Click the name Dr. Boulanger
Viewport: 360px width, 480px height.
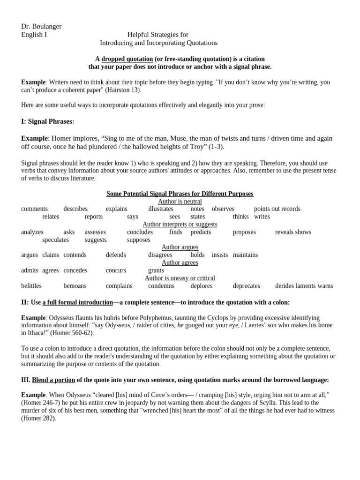pyautogui.click(x=41, y=26)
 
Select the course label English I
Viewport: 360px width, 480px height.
pyautogui.click(x=34, y=35)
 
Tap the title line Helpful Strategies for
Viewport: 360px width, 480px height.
pyautogui.click(x=158, y=35)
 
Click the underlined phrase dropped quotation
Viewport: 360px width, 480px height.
pyautogui.click(x=127, y=59)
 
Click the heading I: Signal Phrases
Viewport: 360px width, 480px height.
pyautogui.click(x=47, y=121)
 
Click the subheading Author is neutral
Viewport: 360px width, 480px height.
pyautogui.click(x=180, y=202)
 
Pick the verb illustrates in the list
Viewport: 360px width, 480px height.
pyautogui.click(x=161, y=209)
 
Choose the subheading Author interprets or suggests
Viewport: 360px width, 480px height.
pyautogui.click(x=180, y=225)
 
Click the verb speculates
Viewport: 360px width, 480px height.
pyautogui.click(x=55, y=240)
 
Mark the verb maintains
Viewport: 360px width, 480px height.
pyautogui.click(x=245, y=255)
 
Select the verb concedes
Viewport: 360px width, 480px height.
pyautogui.click(x=75, y=270)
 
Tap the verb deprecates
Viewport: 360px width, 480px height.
pyautogui.click(x=247, y=286)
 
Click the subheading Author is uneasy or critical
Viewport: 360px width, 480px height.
pyautogui.click(x=180, y=278)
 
